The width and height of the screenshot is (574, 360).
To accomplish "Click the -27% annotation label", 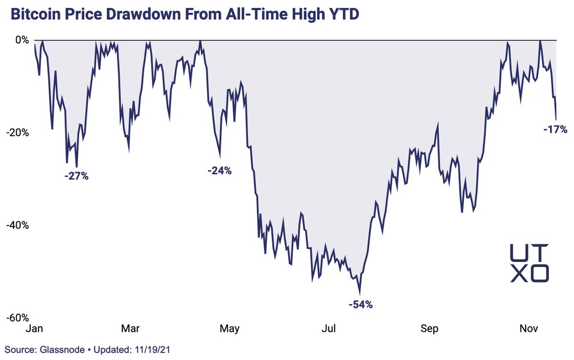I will click(77, 176).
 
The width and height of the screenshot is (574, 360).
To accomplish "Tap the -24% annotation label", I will click(220, 170).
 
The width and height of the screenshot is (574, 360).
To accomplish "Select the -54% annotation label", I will click(360, 305).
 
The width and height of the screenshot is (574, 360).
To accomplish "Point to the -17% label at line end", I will click(555, 129).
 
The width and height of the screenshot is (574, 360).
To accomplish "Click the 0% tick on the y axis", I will click(22, 40).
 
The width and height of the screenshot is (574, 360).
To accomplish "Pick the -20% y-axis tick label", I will click(19, 133).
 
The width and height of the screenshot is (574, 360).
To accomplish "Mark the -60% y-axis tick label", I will click(19, 318).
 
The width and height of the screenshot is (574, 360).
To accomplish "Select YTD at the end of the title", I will click(343, 15).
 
